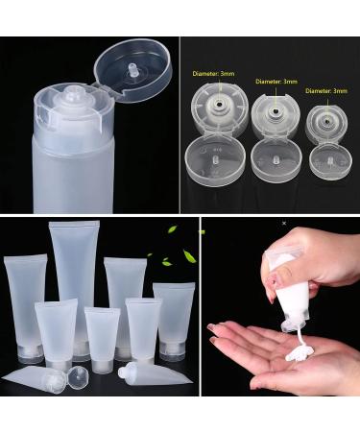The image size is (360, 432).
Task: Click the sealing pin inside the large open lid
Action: tap(132, 70)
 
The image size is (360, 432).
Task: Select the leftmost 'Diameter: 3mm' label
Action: tap(213, 74)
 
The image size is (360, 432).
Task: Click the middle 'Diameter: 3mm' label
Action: tap(276, 82)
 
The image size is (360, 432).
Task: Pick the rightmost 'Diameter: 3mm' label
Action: tap(326, 91)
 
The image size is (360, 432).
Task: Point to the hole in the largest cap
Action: tap(220, 104)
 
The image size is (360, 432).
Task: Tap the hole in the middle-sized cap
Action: tap(276, 111)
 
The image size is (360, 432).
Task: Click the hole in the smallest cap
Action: tap(327, 121)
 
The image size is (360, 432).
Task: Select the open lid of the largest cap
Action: tap(215, 160)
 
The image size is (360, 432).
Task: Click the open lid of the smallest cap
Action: tap(331, 162)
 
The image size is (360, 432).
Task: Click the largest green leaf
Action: tap(189, 256)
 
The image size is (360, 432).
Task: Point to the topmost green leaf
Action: tap(173, 229)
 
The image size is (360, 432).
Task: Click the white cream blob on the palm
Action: tap(300, 354)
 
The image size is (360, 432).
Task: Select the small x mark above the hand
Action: tap(284, 224)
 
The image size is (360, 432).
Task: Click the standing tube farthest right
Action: tap(174, 322)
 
